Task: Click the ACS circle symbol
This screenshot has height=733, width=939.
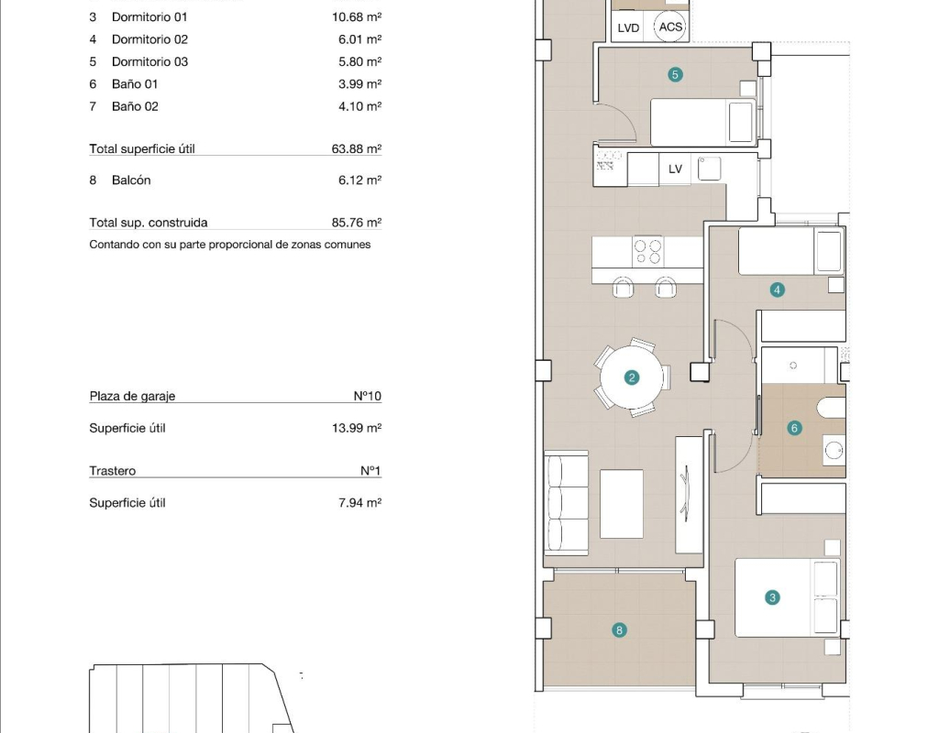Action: coord(669,27)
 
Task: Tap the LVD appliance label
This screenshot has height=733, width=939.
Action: coord(628,28)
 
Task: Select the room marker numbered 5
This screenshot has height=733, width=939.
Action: coord(675,75)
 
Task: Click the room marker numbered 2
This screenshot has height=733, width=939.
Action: coord(631,377)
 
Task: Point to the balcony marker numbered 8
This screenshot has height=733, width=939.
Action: coord(619,629)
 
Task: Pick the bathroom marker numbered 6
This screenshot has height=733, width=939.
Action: coord(794,428)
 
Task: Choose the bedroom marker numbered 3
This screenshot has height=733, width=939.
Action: coord(772,597)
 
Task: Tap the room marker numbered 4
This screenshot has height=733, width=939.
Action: coord(777,290)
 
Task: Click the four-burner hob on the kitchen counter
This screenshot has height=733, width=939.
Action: coord(648,251)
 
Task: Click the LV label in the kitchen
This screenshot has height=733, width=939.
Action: coord(675,170)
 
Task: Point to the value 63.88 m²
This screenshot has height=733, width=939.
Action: coord(357,148)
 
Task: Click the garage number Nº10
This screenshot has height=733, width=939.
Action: coord(367,396)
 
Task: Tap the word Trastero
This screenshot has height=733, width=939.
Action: coord(113,471)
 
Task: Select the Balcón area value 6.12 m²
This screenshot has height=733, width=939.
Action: coord(359,181)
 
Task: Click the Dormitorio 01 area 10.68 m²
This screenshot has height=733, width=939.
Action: coord(357,16)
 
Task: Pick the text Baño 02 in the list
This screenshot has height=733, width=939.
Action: coord(136,106)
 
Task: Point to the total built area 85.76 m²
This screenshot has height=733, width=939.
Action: coord(357,223)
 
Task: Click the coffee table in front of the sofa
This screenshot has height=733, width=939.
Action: coord(622,504)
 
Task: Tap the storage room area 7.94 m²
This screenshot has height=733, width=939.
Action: coord(359,503)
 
